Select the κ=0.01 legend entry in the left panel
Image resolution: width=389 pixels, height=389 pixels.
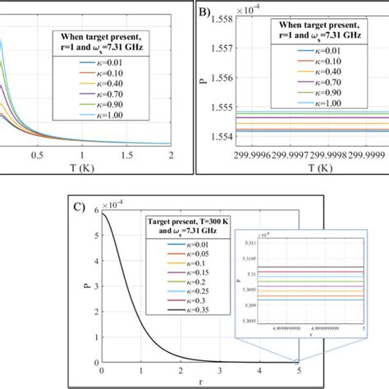point(103,60)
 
